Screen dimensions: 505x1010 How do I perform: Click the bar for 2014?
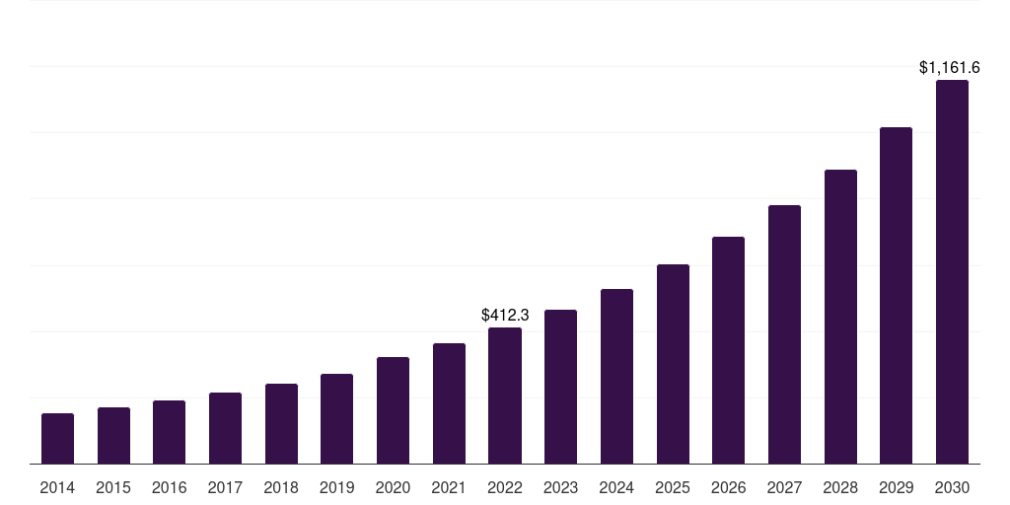click(57, 439)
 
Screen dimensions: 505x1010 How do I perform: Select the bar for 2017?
click(225, 428)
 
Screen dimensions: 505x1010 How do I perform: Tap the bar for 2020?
click(393, 410)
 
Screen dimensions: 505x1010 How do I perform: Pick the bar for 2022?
click(505, 396)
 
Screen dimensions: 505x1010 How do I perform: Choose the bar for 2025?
click(673, 364)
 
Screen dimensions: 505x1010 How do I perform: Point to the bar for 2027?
click(784, 334)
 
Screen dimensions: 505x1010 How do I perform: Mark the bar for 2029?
click(896, 296)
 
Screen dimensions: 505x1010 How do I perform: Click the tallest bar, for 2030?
click(952, 272)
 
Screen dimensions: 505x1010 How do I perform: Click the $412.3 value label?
click(505, 316)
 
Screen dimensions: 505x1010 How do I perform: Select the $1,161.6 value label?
click(949, 68)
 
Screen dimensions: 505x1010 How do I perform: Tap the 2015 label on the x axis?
click(113, 488)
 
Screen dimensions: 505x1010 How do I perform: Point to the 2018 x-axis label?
click(281, 488)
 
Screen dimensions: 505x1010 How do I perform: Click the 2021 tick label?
click(449, 488)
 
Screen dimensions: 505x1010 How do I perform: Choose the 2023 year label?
click(560, 488)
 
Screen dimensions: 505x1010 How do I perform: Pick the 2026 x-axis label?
click(728, 488)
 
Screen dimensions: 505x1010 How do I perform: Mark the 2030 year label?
click(952, 488)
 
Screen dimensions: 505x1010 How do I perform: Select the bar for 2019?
click(336, 419)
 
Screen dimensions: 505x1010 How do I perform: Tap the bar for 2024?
click(616, 377)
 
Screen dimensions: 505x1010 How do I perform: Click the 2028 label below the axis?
click(840, 488)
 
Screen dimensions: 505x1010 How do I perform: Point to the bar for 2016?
click(169, 432)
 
